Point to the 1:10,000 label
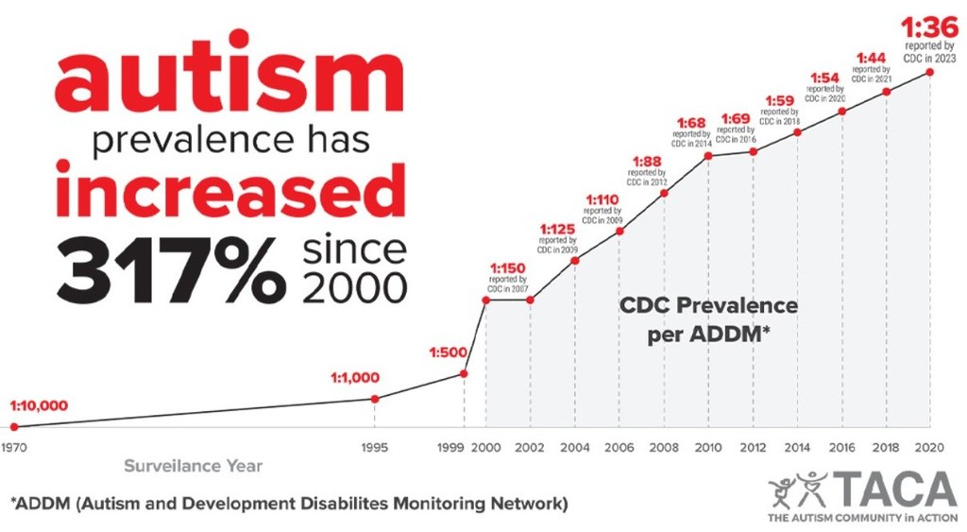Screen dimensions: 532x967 coord(39,405)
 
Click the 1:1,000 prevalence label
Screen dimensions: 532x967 coord(354,378)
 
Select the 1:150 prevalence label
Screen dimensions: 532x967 coord(508,267)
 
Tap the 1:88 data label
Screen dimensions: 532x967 coord(646,160)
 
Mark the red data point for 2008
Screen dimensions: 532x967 coord(665,193)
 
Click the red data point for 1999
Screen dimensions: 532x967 coord(464,373)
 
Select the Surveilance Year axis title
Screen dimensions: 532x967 coord(194,466)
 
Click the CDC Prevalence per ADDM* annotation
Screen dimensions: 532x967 coord(708,320)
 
